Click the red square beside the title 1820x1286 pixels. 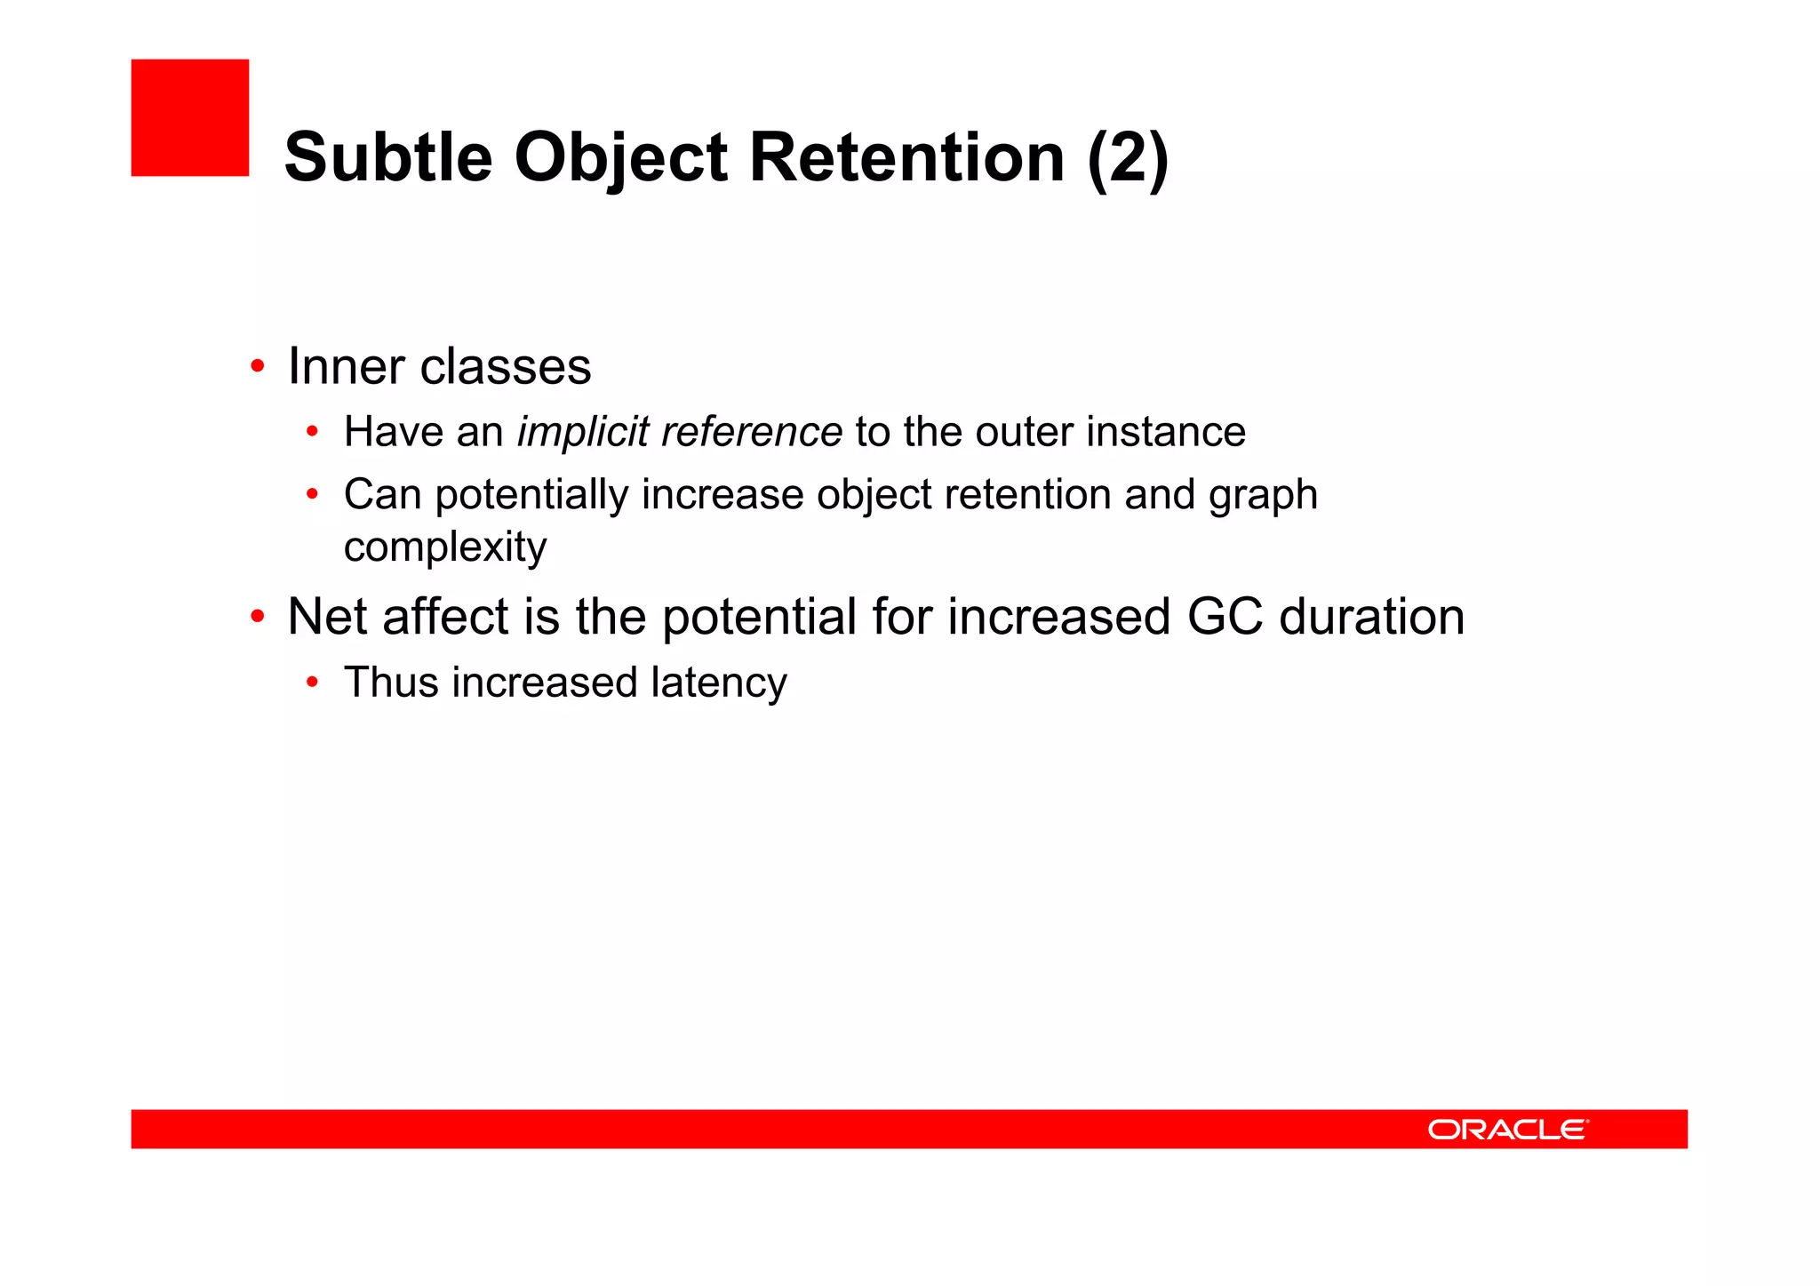[189, 117]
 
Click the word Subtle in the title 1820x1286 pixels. [387, 157]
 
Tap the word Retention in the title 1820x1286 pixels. [906, 157]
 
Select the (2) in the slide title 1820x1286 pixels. [1128, 157]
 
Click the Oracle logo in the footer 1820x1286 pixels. [1507, 1130]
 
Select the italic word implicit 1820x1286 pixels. [583, 432]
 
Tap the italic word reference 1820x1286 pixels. [752, 432]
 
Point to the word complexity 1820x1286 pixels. [444, 547]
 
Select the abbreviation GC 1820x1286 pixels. [1225, 617]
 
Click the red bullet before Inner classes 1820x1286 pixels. [258, 366]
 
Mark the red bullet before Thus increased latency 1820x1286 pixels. [312, 683]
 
